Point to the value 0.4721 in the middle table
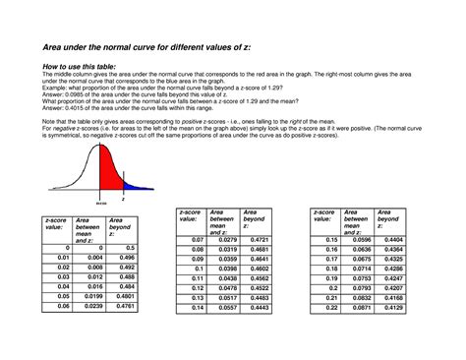(257, 239)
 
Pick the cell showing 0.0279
(224, 239)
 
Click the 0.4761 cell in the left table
(123, 306)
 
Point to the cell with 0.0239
(90, 306)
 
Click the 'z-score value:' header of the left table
(57, 224)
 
